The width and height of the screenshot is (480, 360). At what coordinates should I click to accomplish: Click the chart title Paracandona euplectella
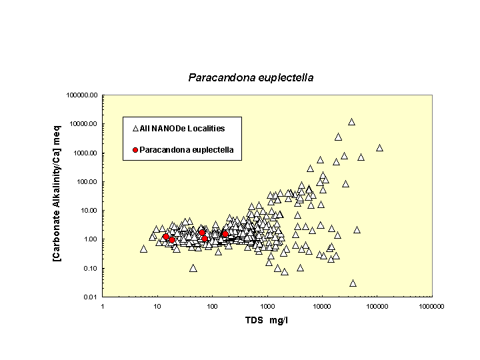[251, 77]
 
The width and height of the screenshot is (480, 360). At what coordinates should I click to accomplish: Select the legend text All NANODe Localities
[182, 128]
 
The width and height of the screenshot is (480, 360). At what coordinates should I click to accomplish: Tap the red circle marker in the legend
[135, 150]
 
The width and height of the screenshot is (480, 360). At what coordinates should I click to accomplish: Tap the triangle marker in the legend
[135, 128]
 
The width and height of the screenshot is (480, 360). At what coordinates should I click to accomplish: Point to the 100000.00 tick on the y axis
[83, 95]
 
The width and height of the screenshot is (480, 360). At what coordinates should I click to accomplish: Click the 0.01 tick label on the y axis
[91, 297]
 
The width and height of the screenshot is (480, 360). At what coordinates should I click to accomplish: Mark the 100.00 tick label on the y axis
[87, 182]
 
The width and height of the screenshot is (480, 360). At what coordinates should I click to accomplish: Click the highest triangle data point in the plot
[351, 122]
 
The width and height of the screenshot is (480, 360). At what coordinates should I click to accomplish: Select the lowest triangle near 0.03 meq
[353, 283]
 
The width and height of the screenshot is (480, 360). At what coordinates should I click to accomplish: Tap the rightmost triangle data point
[379, 148]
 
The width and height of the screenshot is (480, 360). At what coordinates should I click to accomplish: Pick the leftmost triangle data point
[143, 249]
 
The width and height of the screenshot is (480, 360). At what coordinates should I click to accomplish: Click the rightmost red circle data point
[225, 235]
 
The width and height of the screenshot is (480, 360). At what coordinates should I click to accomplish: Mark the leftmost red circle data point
[166, 237]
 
